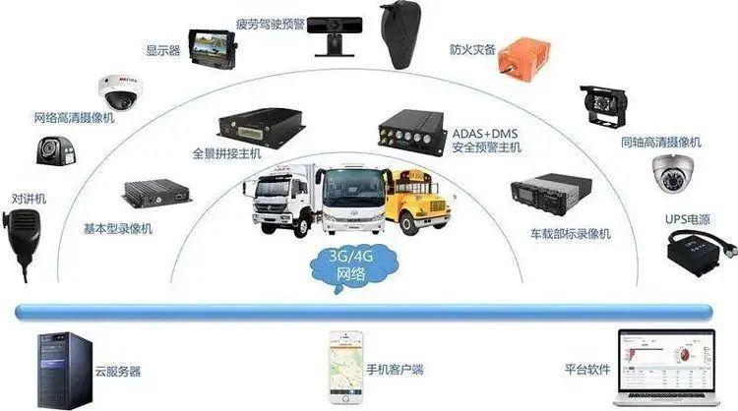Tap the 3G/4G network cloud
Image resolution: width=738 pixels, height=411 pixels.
click(353, 265)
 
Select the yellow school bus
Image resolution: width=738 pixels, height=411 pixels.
click(418, 202)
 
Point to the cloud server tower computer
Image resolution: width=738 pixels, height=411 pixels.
click(65, 370)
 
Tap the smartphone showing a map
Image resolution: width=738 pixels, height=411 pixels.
click(346, 368)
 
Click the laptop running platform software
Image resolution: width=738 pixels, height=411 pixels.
click(666, 368)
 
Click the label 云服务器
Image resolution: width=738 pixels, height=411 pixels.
click(118, 372)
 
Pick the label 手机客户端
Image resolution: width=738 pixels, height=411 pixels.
click(395, 370)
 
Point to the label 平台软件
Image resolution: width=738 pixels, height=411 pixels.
click(587, 370)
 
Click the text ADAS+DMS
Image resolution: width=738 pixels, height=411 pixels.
click(485, 134)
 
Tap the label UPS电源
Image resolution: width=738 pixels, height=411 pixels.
click(687, 219)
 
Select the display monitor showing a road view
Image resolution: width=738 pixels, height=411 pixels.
click(213, 49)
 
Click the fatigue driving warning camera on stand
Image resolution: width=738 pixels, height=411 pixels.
click(335, 36)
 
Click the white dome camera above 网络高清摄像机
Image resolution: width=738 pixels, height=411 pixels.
click(118, 92)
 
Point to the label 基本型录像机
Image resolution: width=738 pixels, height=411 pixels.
click(118, 229)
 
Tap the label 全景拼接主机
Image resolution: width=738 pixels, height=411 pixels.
click(227, 153)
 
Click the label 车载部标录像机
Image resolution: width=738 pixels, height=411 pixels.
click(571, 234)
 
